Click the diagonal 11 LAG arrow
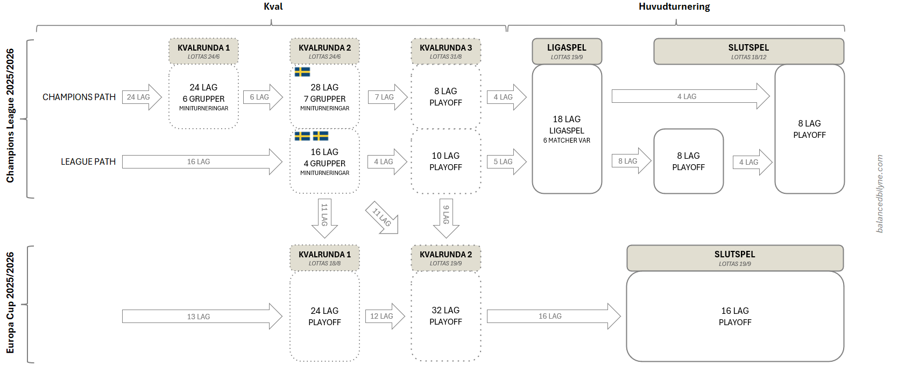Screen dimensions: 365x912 tap(384, 218)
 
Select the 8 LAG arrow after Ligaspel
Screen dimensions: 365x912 tap(630, 161)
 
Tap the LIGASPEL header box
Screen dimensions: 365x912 tap(567, 51)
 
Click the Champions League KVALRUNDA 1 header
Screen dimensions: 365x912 tap(203, 51)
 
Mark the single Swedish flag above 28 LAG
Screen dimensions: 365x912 tap(302, 72)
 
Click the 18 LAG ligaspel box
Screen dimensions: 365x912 tap(567, 129)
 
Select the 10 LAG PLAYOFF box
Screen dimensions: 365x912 tap(446, 161)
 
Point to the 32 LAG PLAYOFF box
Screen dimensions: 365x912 tap(446, 316)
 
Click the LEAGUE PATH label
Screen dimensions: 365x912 tap(88, 162)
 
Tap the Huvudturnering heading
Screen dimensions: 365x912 tap(674, 6)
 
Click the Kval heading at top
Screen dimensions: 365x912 tap(273, 6)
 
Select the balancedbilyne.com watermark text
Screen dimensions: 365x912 tap(880, 194)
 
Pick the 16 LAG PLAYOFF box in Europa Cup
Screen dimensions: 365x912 tap(734, 316)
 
